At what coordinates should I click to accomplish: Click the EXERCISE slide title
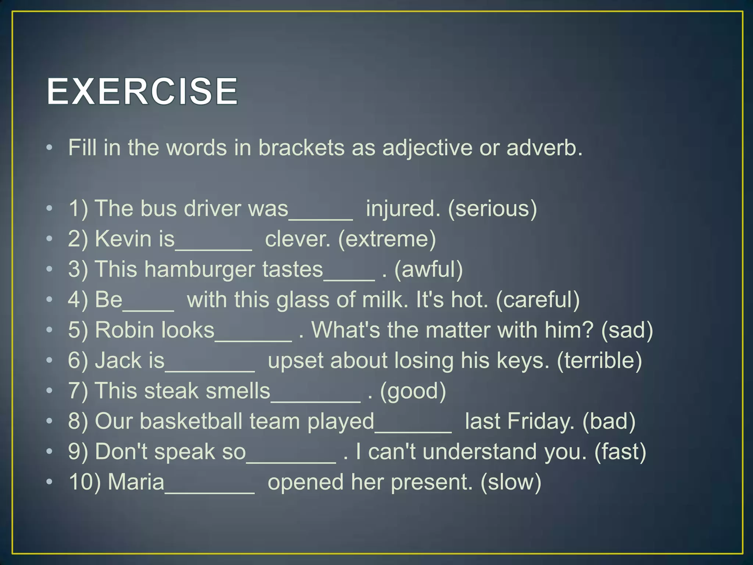142,91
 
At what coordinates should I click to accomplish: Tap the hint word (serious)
492,209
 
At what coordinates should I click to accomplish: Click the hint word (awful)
428,269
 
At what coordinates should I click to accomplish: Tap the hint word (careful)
538,300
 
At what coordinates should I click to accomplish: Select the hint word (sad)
627,330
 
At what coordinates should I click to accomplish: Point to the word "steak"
171,391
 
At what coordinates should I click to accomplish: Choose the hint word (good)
413,391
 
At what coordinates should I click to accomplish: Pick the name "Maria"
136,482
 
